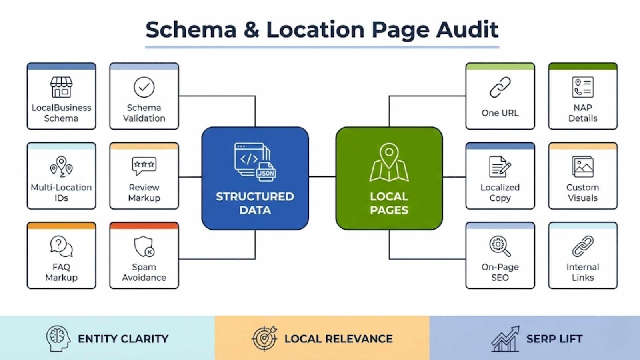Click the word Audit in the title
point(467,30)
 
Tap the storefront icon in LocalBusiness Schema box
point(61,87)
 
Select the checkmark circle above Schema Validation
point(144,87)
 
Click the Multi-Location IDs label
point(61,192)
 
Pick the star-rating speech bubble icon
point(144,166)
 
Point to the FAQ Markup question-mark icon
point(61,246)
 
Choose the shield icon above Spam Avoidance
point(144,246)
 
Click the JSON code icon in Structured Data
point(255,162)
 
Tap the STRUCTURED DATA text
point(255,203)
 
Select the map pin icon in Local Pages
point(389,162)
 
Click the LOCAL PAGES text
point(389,203)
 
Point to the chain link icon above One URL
point(500,87)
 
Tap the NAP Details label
point(583,113)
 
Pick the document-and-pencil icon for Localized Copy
point(500,166)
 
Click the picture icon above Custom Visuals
point(583,166)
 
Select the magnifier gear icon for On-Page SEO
point(500,246)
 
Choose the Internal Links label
point(583,272)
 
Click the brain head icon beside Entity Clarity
point(58,338)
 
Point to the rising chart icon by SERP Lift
point(506,339)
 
